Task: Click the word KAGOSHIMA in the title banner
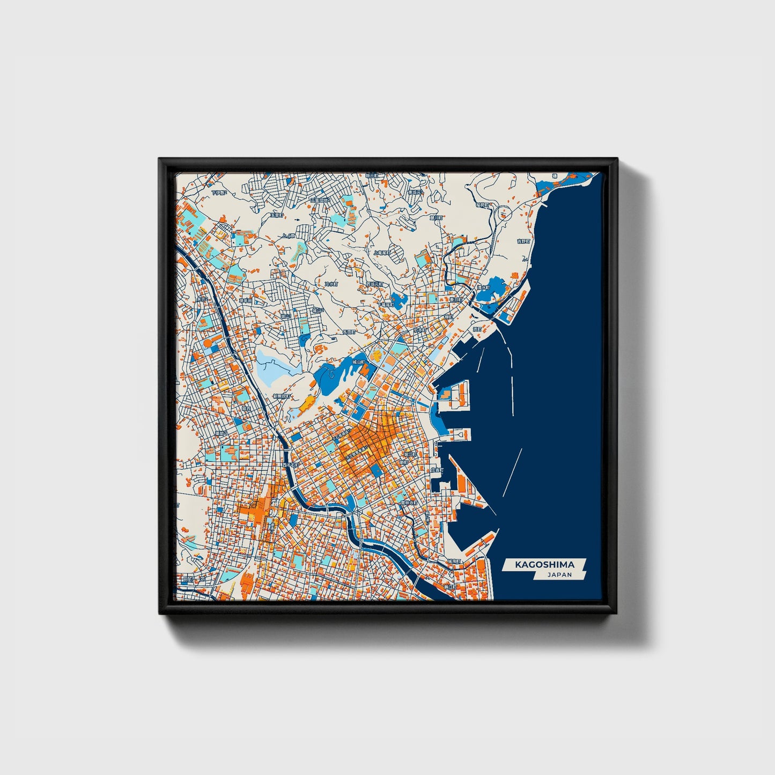click(544, 565)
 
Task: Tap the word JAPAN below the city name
click(559, 575)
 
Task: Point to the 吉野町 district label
click(523, 241)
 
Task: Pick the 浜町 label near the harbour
click(477, 329)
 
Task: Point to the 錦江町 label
click(449, 587)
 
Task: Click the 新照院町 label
click(281, 396)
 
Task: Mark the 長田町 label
click(349, 332)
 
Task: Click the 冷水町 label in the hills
click(331, 284)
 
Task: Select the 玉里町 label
click(276, 215)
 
